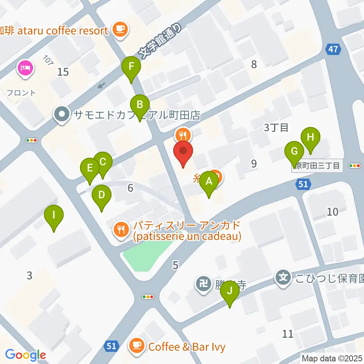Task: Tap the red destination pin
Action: pos(183,152)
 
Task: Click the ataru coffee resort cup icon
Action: pos(121,29)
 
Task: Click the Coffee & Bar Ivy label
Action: pos(187,347)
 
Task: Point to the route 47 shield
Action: pos(333,49)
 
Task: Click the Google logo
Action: pos(25,355)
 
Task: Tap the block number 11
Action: pos(288,334)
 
